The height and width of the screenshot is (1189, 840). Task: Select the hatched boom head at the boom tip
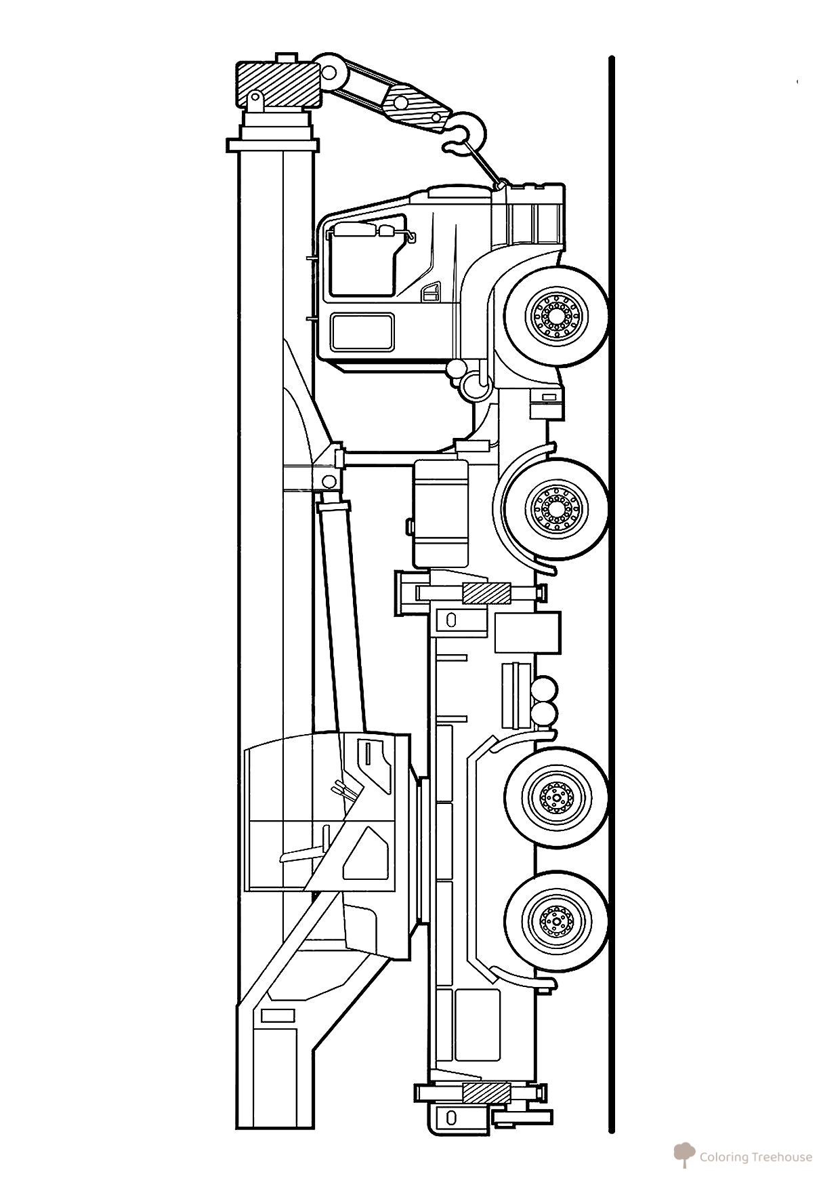coord(276,84)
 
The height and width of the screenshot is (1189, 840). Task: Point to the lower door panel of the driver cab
coord(362,331)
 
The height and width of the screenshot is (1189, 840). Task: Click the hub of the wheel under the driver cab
coord(557,315)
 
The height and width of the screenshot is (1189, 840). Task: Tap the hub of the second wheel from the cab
coord(557,508)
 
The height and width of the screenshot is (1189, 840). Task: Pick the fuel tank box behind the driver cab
coord(441,513)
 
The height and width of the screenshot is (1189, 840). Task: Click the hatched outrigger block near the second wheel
coord(486,592)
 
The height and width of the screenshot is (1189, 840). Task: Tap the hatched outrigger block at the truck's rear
coord(486,1113)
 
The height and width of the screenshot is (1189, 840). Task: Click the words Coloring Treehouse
coord(756,1157)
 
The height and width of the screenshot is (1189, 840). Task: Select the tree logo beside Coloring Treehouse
coord(684,1154)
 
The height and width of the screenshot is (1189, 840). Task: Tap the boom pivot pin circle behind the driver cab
coord(329,482)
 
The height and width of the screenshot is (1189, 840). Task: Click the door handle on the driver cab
coord(428,292)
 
